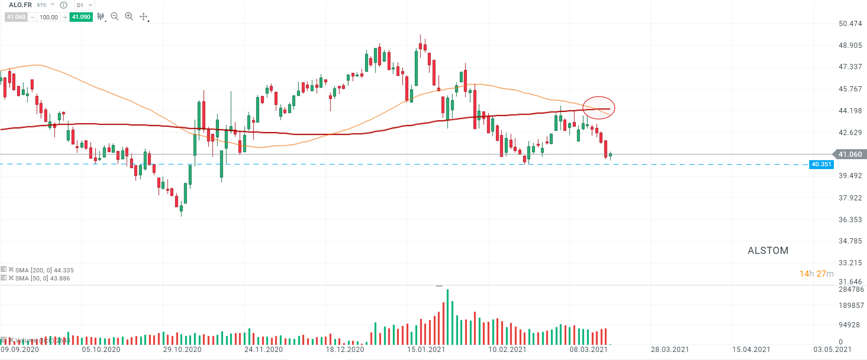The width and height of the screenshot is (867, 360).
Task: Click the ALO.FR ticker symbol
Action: tap(20, 5)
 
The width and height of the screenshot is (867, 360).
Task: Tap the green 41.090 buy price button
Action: tap(81, 17)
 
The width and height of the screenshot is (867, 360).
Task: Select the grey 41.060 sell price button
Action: tap(16, 17)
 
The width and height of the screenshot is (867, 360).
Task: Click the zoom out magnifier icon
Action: tap(115, 17)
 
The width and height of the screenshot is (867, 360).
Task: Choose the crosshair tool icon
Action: tap(143, 17)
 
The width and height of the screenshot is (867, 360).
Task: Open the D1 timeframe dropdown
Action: tap(84, 5)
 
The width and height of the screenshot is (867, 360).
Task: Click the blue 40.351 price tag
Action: tap(821, 164)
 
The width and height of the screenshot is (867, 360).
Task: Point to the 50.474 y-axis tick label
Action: tap(850, 24)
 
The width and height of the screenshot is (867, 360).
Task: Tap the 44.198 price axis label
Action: tap(850, 111)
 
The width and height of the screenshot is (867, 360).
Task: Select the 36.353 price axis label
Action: tap(850, 220)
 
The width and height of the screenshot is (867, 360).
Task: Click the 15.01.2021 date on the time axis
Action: tap(426, 350)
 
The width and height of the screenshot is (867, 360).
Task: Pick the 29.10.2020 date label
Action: tap(182, 350)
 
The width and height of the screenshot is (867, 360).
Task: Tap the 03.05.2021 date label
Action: tap(832, 350)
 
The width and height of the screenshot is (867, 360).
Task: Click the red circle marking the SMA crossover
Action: tap(599, 108)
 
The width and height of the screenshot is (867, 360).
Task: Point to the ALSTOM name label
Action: tap(768, 251)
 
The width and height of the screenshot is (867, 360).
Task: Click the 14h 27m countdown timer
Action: tap(816, 274)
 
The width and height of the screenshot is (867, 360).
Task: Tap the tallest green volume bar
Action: tap(447, 316)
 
